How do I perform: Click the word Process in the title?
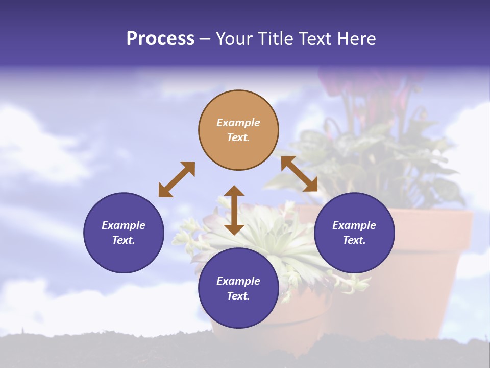point(160,39)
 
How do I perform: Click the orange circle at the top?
point(238,130)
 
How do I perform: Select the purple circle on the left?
point(124,233)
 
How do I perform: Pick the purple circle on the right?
point(354,233)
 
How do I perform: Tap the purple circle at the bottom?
point(238,288)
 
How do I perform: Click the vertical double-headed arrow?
point(234,210)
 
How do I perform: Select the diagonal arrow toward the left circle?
point(177,179)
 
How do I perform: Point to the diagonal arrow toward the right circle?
point(299,174)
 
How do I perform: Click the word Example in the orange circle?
point(238,123)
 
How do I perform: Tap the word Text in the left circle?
point(124,240)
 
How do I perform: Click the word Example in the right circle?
point(354,225)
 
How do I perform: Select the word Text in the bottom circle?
point(238,296)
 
